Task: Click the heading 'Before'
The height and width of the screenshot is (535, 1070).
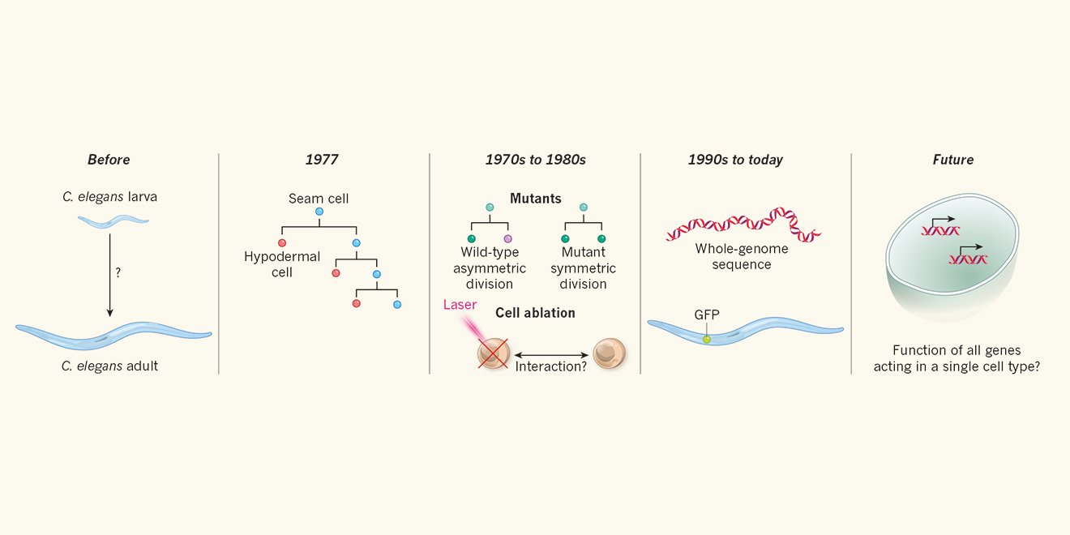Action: (109, 160)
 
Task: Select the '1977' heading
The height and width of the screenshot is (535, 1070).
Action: (322, 160)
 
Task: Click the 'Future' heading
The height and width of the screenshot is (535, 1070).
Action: (953, 160)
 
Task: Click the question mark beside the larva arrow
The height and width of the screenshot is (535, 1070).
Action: (118, 273)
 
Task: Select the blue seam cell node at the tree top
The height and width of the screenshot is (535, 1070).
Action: (319, 212)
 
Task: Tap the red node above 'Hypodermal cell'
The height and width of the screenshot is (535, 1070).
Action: (282, 242)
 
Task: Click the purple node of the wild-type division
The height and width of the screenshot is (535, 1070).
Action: (508, 238)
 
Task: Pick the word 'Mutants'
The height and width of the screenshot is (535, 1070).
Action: (536, 198)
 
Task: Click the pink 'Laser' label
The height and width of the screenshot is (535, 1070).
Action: (460, 306)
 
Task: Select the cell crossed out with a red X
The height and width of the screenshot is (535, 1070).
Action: (493, 354)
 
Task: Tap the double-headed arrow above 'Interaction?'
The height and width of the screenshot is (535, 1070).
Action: (550, 354)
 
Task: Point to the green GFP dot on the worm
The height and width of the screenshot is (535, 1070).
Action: (706, 339)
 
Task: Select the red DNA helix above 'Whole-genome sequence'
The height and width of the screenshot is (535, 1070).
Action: (743, 225)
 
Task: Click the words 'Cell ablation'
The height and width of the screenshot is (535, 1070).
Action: (535, 313)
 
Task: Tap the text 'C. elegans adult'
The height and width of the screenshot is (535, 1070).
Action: (109, 366)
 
